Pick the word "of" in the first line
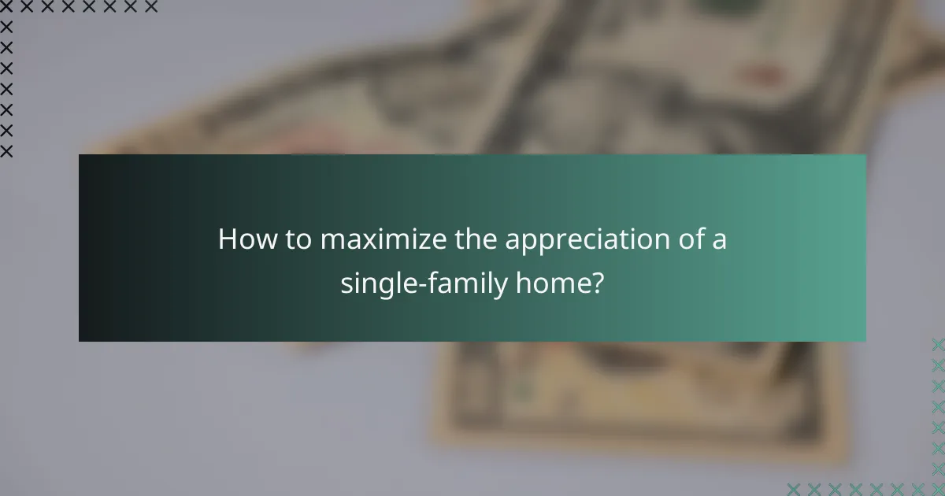[686, 239]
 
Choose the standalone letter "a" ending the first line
[719, 241]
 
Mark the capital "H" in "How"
[228, 239]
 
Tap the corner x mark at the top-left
[6, 7]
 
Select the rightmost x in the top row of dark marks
[152, 7]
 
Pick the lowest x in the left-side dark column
[6, 151]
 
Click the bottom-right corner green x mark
[938, 489]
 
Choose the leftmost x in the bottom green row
[793, 489]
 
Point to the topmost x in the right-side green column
[938, 344]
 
